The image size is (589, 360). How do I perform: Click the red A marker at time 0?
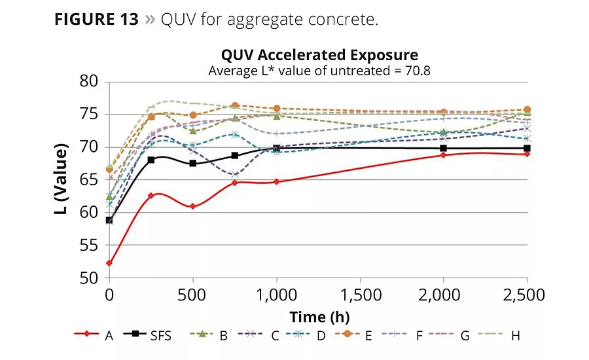[x=109, y=263]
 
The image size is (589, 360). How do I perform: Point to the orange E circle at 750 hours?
[x=234, y=105]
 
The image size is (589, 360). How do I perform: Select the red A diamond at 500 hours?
[x=192, y=206]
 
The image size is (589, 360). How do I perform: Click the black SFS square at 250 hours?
[x=151, y=160]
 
